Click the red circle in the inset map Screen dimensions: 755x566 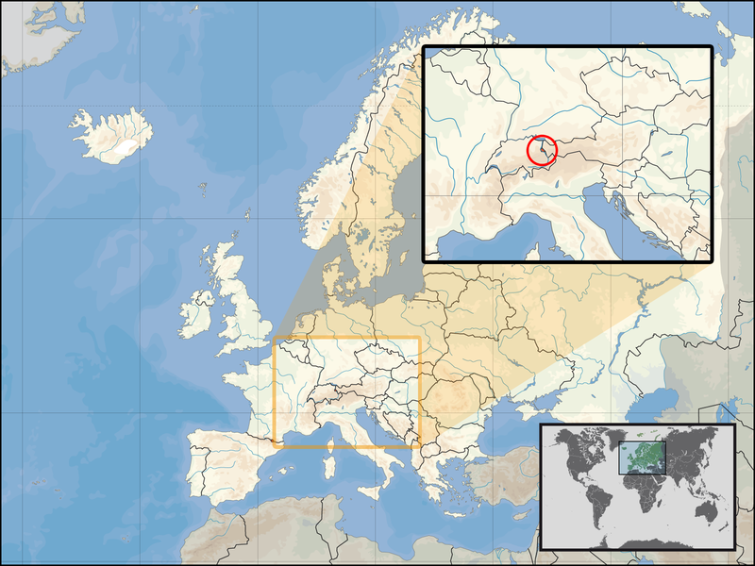tap(542, 151)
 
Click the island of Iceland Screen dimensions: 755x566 tap(112, 134)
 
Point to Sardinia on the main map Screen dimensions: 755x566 tap(333, 472)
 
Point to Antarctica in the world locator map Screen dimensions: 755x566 tap(642, 541)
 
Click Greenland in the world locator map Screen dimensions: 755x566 tap(613, 440)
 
